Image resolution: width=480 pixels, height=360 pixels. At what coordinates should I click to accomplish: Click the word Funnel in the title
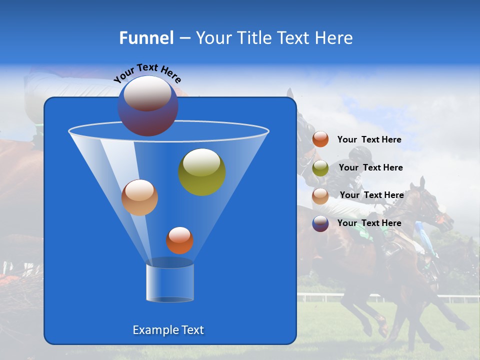click(x=146, y=38)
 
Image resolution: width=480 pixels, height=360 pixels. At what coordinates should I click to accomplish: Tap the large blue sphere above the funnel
click(x=147, y=105)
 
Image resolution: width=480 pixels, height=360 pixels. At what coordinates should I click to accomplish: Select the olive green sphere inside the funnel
click(x=202, y=171)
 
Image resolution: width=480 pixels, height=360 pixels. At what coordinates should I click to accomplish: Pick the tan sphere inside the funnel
click(x=139, y=197)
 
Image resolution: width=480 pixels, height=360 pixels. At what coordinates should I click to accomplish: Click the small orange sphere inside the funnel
click(x=179, y=240)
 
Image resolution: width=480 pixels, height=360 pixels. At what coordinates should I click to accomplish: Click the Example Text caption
click(x=168, y=330)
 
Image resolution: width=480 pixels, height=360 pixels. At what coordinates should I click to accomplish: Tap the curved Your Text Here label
click(x=147, y=72)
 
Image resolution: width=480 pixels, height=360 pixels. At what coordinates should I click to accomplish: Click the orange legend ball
click(x=320, y=139)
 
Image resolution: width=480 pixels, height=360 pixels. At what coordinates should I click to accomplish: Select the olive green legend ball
click(x=320, y=168)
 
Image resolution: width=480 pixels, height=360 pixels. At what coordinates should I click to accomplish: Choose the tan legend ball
click(x=320, y=196)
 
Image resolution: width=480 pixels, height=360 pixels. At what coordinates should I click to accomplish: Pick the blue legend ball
click(x=320, y=223)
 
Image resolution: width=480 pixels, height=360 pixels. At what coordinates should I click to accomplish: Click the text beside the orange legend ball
click(x=369, y=139)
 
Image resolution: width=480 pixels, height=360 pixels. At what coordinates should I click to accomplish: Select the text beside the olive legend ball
click(x=370, y=167)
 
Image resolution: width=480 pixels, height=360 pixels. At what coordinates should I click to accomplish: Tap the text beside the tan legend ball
click(x=371, y=195)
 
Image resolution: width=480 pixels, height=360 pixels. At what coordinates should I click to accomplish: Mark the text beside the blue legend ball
click(x=369, y=223)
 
